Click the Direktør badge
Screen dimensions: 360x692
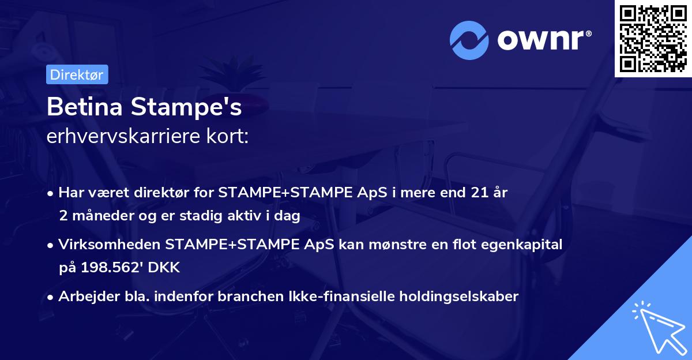click(77, 74)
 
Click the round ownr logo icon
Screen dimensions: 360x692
click(469, 40)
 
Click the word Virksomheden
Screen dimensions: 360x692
click(110, 245)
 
